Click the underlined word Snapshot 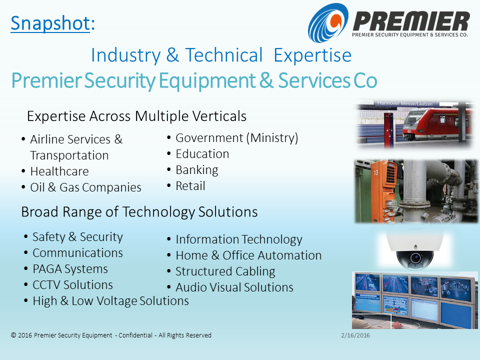pyautogui.click(x=50, y=23)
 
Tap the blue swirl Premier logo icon pyautogui.click(x=328, y=22)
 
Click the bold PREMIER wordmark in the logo pyautogui.click(x=411, y=21)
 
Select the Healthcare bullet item pyautogui.click(x=59, y=171)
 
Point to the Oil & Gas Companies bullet pyautogui.click(x=85, y=187)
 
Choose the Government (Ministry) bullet pyautogui.click(x=236, y=138)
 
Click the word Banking pyautogui.click(x=197, y=170)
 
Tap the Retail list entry pyautogui.click(x=190, y=186)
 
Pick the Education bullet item pyautogui.click(x=202, y=154)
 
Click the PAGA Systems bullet pyautogui.click(x=70, y=269)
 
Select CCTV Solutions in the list pyautogui.click(x=73, y=285)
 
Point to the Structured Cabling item pyautogui.click(x=225, y=271)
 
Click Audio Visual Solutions pyautogui.click(x=234, y=287)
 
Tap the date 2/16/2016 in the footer pyautogui.click(x=355, y=335)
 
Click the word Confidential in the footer pyautogui.click(x=135, y=335)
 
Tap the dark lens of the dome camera pyautogui.click(x=415, y=258)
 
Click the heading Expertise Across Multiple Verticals pyautogui.click(x=136, y=116)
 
